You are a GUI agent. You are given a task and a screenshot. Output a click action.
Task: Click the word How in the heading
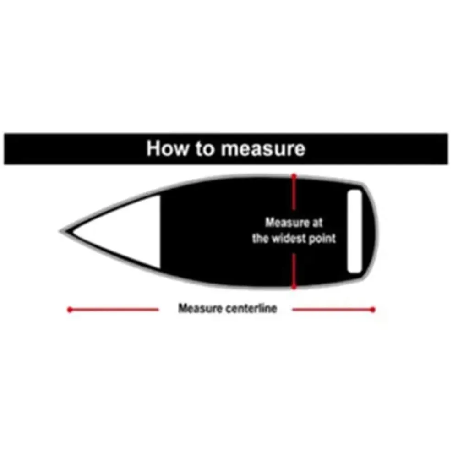(x=167, y=148)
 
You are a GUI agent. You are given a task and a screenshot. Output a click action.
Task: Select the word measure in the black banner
(x=263, y=150)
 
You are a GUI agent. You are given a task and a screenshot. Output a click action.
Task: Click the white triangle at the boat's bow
(x=117, y=232)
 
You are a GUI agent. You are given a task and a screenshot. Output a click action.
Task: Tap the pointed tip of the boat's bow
(x=60, y=232)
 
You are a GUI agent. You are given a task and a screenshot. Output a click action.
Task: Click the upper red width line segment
(x=294, y=192)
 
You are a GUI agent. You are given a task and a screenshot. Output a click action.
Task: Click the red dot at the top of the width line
(x=294, y=176)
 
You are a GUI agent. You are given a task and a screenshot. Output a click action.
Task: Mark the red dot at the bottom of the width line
(x=294, y=287)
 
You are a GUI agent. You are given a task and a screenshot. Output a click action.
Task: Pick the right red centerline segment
(x=333, y=309)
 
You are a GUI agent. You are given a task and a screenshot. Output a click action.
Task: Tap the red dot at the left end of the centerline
(x=70, y=309)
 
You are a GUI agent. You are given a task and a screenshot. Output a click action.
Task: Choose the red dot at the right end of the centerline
(x=373, y=309)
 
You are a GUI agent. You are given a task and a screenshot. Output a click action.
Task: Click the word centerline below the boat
(x=251, y=308)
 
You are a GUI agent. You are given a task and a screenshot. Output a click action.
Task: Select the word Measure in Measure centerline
(x=201, y=308)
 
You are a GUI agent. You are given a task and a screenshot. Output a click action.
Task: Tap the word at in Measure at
(x=317, y=223)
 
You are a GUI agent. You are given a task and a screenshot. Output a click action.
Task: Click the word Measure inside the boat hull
(x=287, y=223)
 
